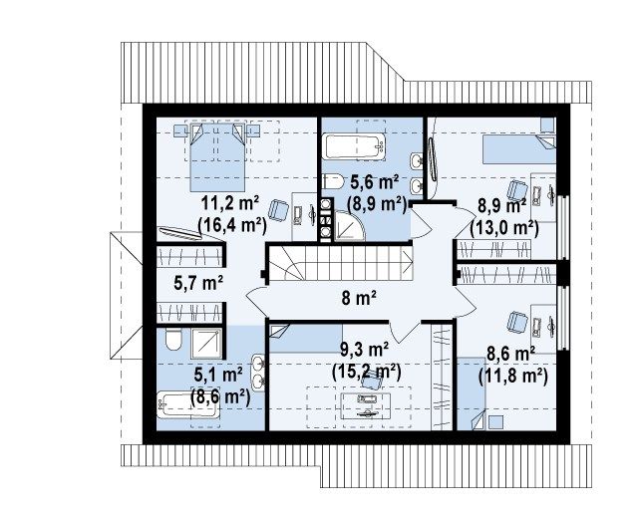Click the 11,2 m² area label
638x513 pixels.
pos(230,203)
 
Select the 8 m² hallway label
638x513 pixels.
pos(359,299)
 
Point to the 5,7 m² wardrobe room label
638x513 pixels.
pos(198,282)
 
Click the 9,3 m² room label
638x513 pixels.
pos(364,350)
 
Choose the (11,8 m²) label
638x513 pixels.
pos(512,376)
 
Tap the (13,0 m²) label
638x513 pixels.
pos(504,228)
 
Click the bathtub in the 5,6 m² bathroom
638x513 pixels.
pos(355,146)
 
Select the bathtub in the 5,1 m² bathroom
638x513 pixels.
pos(187,404)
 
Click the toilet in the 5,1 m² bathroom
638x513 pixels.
pos(173,340)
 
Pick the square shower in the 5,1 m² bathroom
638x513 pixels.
pos(207,344)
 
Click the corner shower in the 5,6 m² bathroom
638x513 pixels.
pos(349,226)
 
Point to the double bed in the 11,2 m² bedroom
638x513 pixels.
pos(217,156)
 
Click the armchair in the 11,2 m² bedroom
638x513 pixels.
pos(278,209)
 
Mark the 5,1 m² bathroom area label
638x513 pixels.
pos(218,375)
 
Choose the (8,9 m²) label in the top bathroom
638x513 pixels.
pos(377,203)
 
